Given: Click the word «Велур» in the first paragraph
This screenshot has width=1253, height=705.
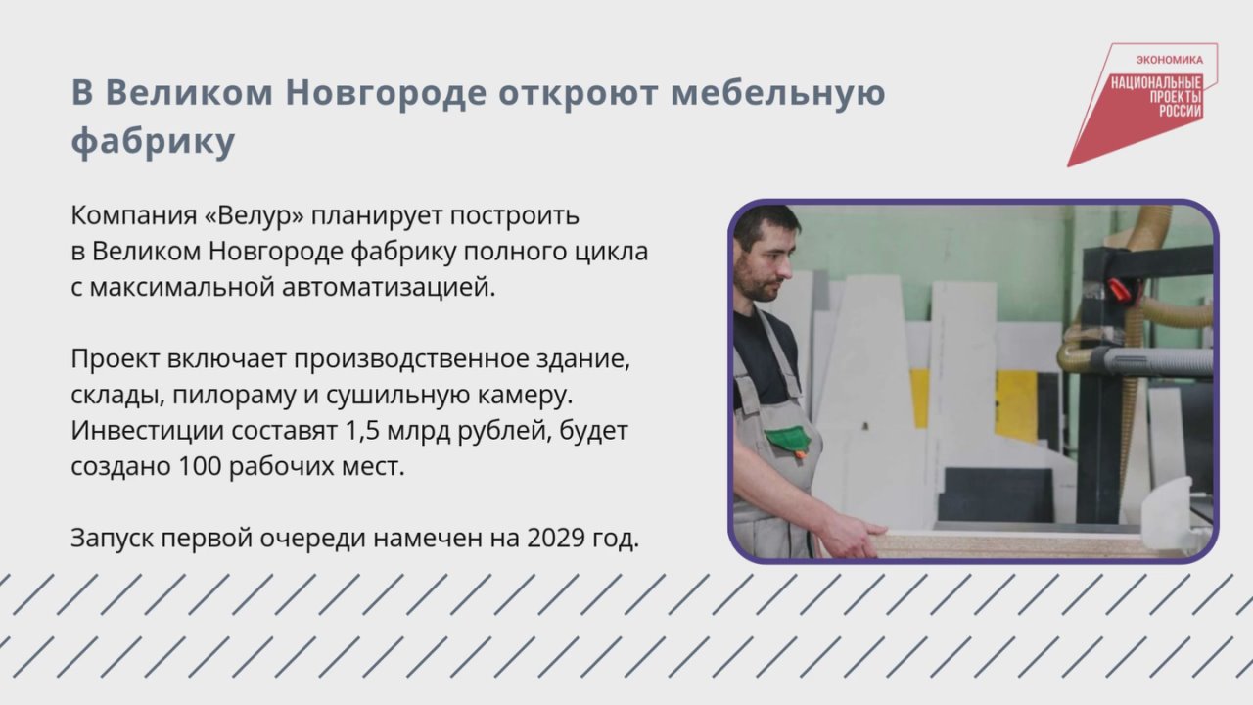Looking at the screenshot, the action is (255, 215).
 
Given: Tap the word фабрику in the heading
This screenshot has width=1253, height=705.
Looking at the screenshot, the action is (154, 141).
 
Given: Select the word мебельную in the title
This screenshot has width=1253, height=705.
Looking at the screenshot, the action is (778, 93).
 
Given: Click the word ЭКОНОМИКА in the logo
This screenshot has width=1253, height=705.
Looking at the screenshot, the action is (1169, 60).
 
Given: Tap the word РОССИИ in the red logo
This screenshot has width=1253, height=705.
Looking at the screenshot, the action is (1180, 111).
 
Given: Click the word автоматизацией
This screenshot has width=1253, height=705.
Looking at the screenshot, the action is (389, 288).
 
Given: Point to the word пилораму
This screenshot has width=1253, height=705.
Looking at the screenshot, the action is (234, 396).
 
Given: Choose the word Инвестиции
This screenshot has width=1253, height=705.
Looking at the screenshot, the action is (148, 431).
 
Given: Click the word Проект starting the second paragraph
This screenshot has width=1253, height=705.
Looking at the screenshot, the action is (116, 359).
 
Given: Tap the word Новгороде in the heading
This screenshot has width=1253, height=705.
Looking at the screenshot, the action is (386, 93).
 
